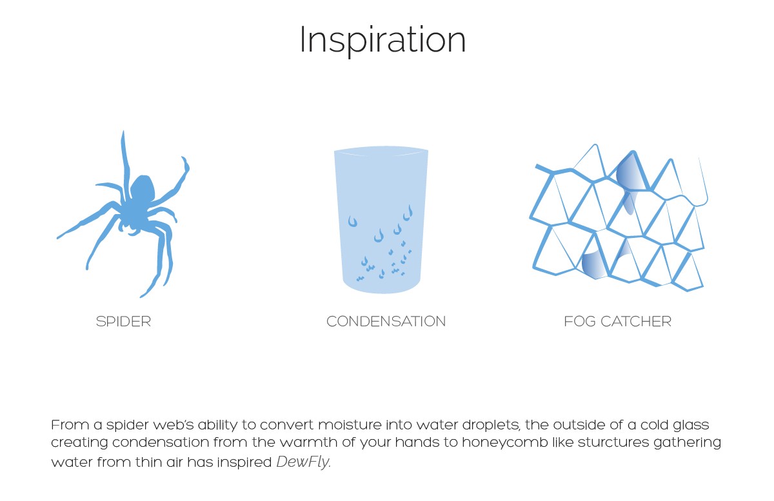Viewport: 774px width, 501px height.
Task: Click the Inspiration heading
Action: click(383, 41)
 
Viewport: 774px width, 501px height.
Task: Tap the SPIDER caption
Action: click(123, 322)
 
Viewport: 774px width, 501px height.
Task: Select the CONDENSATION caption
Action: click(386, 322)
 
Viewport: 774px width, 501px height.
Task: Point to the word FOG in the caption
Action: click(580, 322)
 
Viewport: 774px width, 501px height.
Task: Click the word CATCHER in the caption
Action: click(636, 322)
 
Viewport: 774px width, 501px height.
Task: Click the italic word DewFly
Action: click(303, 462)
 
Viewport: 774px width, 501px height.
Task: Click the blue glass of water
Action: click(381, 220)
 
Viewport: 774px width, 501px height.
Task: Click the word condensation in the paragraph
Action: click(161, 442)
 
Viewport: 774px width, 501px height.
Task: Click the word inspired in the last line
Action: click(244, 463)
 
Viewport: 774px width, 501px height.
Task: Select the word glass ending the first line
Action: click(691, 426)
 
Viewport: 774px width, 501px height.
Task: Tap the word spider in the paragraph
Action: click(128, 426)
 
